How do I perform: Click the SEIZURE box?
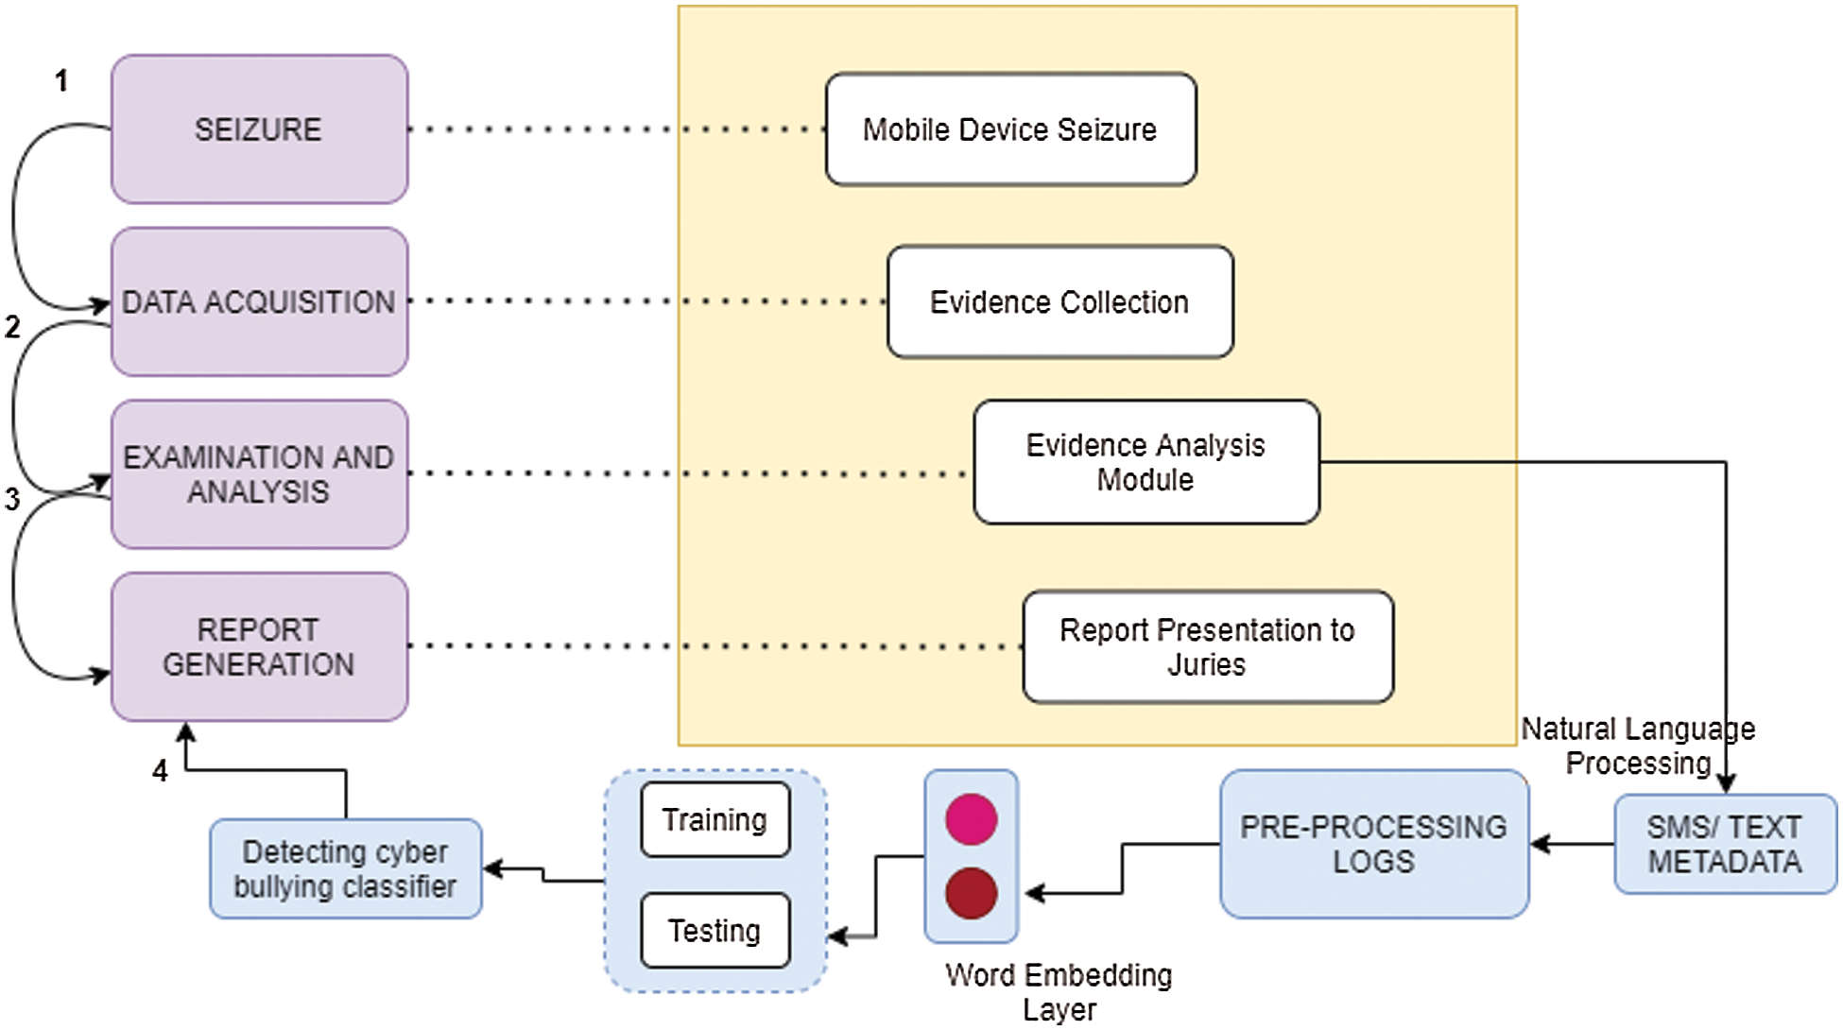[259, 129]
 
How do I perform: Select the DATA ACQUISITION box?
[259, 302]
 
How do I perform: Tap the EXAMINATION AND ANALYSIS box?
[259, 474]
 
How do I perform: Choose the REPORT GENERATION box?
[259, 647]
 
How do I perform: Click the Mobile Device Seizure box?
[1009, 129]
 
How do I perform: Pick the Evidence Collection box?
[1059, 302]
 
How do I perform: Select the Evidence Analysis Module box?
[1145, 462]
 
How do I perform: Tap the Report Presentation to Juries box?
[1207, 647]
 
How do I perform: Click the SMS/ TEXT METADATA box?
[1724, 844]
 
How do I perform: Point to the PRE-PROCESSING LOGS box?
[1373, 844]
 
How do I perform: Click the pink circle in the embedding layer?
[971, 818]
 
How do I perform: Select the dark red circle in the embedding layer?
[971, 893]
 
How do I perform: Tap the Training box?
[715, 819]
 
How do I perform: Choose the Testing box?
[715, 931]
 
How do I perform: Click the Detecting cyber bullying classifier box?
[345, 868]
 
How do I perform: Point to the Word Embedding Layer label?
[1059, 991]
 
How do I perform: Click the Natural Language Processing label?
[1637, 746]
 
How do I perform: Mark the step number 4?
[160, 771]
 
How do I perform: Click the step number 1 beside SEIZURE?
[61, 81]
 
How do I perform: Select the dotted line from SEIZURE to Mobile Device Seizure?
[614, 129]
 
